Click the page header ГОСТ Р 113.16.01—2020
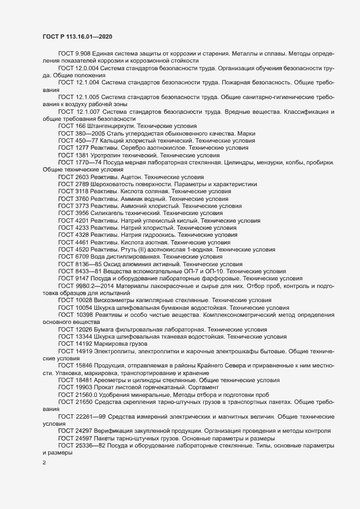(x=78, y=36)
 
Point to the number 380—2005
(x=90, y=133)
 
